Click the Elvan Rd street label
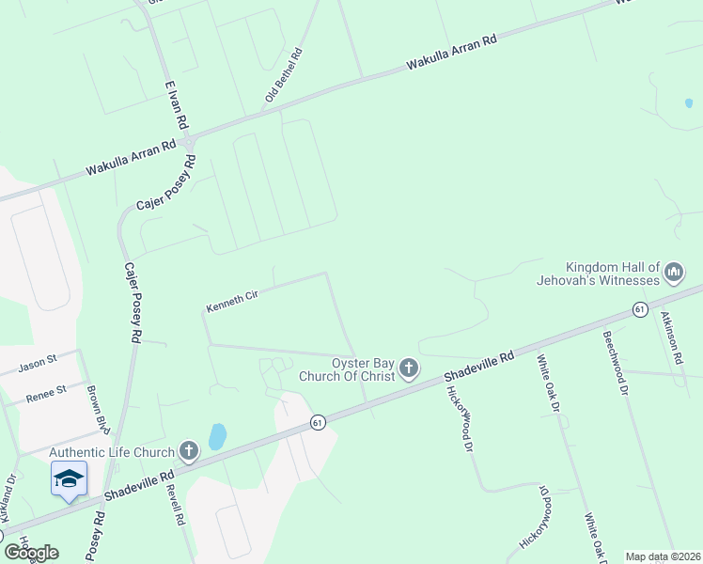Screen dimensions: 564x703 coord(177,103)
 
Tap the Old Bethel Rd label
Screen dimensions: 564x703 coord(284,74)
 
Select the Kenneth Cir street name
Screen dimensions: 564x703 coord(232,302)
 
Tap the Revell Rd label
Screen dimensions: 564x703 coord(175,506)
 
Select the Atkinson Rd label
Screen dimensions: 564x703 coord(670,337)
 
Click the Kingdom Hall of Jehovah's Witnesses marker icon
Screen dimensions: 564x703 coord(673,274)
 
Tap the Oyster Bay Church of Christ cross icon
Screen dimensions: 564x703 coord(408,368)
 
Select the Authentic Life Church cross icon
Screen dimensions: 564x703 coord(189,452)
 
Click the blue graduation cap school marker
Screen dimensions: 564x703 coord(69,479)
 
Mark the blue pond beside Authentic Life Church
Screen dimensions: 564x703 coord(217,436)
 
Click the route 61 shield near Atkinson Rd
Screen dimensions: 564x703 coord(639,309)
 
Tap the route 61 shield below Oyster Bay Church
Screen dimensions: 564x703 coord(318,424)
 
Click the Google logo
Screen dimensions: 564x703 coord(30,553)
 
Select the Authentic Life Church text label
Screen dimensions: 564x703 coord(112,452)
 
